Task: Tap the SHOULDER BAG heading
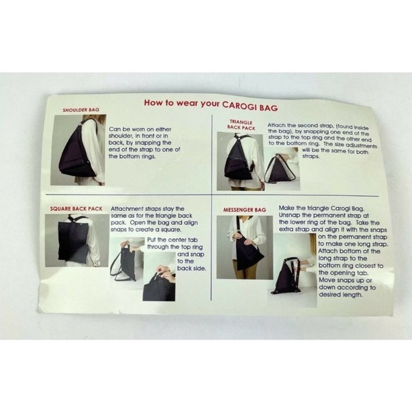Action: (x=81, y=110)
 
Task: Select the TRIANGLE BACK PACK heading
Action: (x=242, y=125)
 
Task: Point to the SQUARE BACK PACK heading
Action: (x=76, y=209)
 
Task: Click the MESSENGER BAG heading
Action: (x=244, y=210)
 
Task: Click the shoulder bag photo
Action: (x=79, y=150)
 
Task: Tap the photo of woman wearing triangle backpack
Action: (x=240, y=161)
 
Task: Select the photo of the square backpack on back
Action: (x=77, y=240)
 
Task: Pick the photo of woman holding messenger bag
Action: (x=244, y=247)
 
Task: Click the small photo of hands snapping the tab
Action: (x=159, y=276)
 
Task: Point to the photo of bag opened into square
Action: (x=126, y=259)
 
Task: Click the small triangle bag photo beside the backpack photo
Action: (x=282, y=168)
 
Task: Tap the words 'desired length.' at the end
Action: (x=341, y=295)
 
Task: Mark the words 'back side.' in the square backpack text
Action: (x=192, y=269)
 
